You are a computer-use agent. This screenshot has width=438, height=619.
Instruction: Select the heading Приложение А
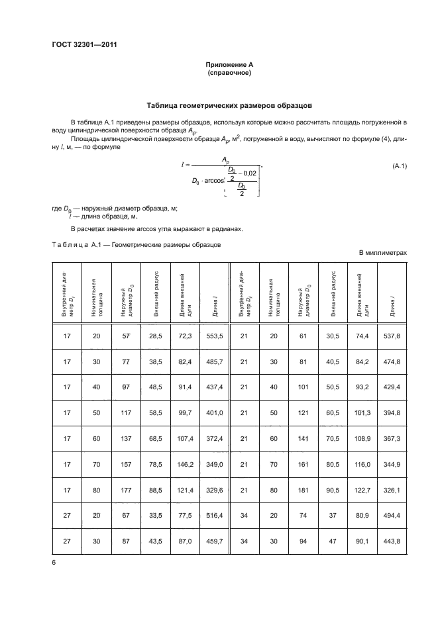[x=227, y=64]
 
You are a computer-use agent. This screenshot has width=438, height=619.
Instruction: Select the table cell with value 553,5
[x=213, y=336]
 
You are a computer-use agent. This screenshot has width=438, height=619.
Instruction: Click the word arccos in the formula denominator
[x=211, y=179]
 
